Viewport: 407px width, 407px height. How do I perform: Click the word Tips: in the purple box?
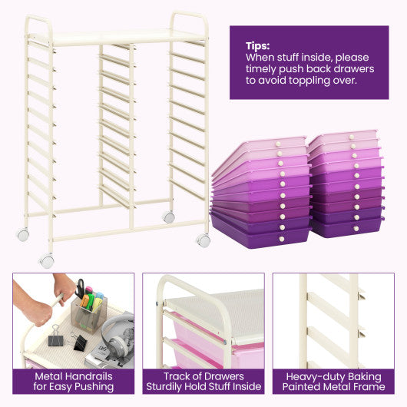click(x=258, y=45)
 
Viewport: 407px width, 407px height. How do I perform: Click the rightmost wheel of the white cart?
click(x=203, y=240)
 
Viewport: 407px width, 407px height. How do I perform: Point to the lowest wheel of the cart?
click(x=48, y=261)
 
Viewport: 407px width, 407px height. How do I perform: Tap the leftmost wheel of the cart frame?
click(x=23, y=235)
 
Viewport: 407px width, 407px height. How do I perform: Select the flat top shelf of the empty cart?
click(x=115, y=37)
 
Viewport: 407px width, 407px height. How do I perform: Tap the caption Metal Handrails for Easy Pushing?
click(x=73, y=381)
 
